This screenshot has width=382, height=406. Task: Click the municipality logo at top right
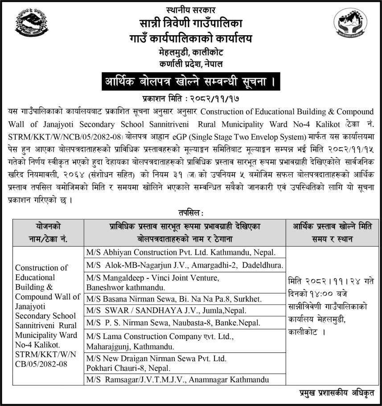pyautogui.click(x=350, y=24)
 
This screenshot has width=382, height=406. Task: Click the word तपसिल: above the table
pyautogui.click(x=190, y=214)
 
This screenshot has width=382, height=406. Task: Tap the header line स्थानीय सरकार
pyautogui.click(x=190, y=9)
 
